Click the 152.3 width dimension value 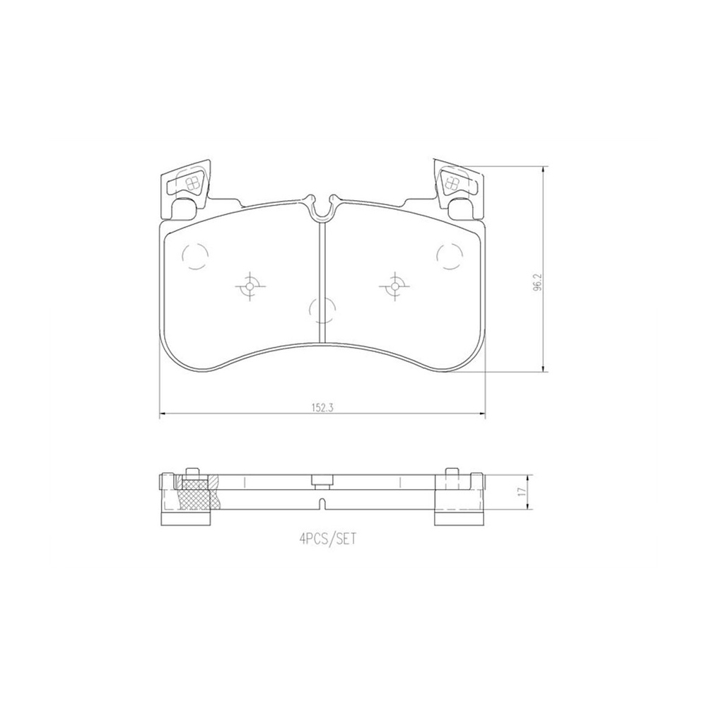coord(322,408)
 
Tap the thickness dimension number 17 coord(522,492)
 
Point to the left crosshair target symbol coord(250,286)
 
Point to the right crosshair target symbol coord(395,286)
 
